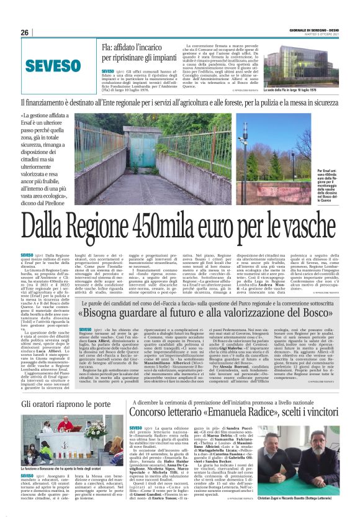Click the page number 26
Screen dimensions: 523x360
pyautogui.click(x=25, y=32)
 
